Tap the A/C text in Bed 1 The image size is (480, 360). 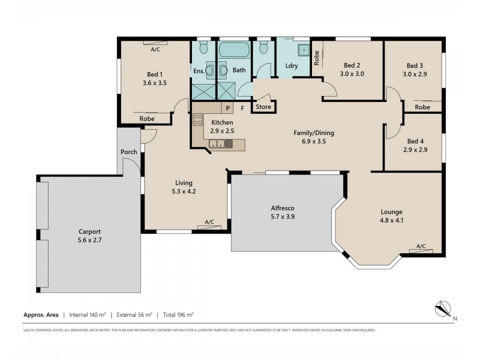pyautogui.click(x=155, y=49)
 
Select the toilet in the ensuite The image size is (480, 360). pyautogui.click(x=203, y=47)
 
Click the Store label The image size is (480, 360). pyautogui.click(x=264, y=107)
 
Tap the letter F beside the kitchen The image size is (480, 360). pyautogui.click(x=242, y=108)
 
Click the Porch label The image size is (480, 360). pyautogui.click(x=129, y=152)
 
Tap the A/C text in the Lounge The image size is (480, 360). pyautogui.click(x=421, y=247)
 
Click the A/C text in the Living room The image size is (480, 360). pyautogui.click(x=209, y=222)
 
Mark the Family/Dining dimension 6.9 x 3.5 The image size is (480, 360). pyautogui.click(x=313, y=142)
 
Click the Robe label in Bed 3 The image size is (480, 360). pyautogui.click(x=422, y=107)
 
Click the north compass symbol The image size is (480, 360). pyautogui.click(x=442, y=308)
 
